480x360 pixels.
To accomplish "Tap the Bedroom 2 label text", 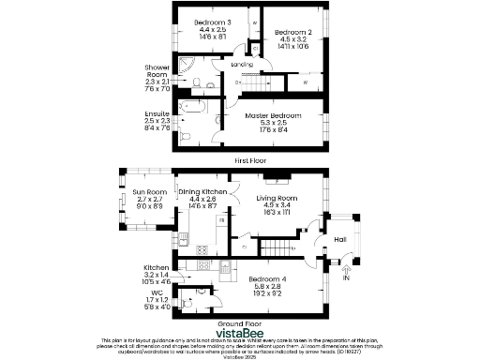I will pos(292,33).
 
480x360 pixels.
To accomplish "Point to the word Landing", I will pos(242,64).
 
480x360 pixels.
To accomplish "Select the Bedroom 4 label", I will pos(267,278).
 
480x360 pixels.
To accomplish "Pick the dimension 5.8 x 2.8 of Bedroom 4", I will pos(267,286).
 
